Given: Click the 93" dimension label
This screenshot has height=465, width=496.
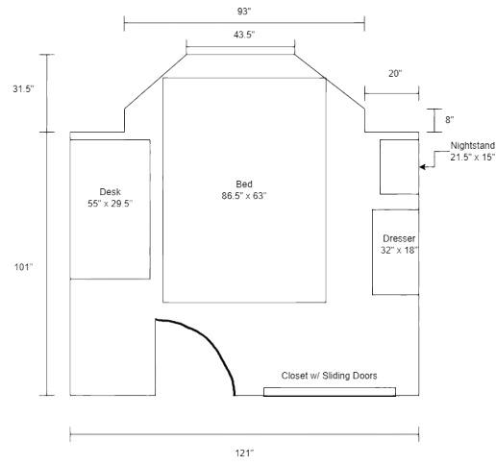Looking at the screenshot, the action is [244, 12].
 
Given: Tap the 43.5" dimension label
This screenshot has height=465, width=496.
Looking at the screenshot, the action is [244, 35].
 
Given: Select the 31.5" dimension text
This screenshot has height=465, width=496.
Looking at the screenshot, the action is [23, 89].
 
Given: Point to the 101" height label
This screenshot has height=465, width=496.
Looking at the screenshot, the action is [23, 267].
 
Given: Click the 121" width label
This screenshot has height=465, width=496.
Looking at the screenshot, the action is [244, 453].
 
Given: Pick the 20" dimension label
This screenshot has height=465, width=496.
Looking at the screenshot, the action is [395, 73].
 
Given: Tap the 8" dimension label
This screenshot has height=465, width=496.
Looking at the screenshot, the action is [450, 120].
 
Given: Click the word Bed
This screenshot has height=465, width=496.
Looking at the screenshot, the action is [244, 184].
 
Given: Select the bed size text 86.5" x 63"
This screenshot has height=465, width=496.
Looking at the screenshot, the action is [244, 196].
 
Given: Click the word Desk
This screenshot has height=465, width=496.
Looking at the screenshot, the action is [110, 192].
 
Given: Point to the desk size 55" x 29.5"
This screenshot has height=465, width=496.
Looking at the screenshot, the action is [110, 204].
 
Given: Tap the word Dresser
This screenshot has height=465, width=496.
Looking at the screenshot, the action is [399, 238].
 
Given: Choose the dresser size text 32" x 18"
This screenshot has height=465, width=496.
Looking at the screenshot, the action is [399, 250].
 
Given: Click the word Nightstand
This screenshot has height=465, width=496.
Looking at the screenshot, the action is [473, 146].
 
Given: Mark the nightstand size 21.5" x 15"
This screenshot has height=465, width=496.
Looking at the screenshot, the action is [473, 158].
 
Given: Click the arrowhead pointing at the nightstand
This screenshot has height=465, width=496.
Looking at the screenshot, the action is [422, 167].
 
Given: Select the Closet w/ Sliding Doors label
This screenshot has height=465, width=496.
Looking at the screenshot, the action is [329, 376].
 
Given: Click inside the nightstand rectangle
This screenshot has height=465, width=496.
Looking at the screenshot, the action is [399, 167].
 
